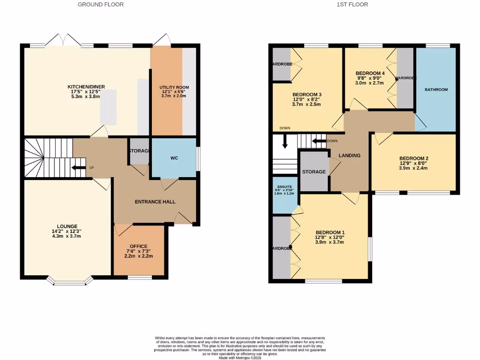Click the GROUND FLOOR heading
click(100, 5)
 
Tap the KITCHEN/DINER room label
click(86, 87)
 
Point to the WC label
click(173, 158)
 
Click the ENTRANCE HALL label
click(155, 202)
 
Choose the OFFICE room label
click(138, 247)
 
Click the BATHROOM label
click(436, 90)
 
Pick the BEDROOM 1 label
click(330, 232)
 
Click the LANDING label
click(350, 155)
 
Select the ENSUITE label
click(284, 187)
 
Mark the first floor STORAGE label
click(314, 172)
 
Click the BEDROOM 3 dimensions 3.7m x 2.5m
click(306, 105)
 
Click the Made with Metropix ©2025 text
click(240, 358)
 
